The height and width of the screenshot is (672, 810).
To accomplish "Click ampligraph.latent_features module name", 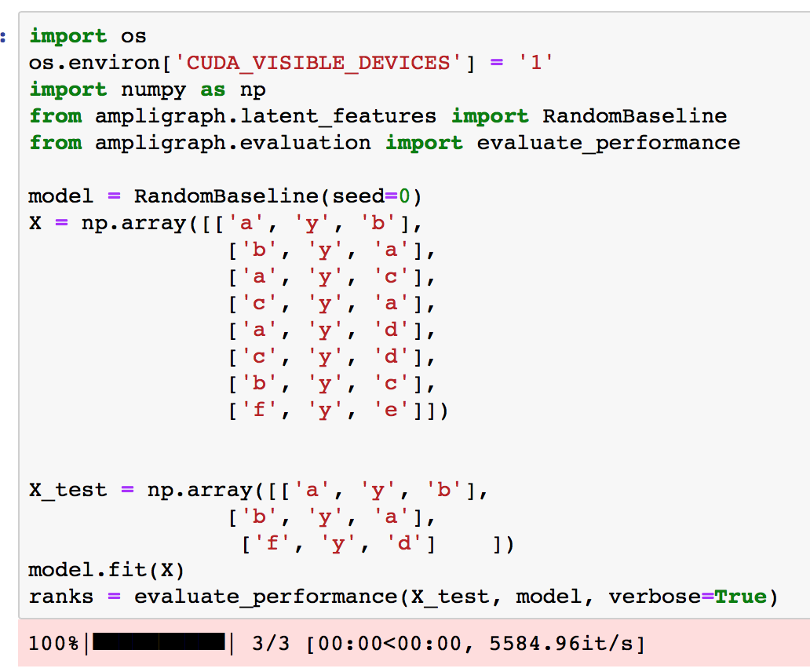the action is tap(265, 116).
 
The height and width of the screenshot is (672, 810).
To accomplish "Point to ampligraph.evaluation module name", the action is tap(232, 143).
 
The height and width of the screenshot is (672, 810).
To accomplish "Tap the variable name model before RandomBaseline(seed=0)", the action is tap(60, 196).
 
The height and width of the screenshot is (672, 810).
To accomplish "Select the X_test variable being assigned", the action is tap(67, 490).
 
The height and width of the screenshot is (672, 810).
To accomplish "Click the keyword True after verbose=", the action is tap(740, 597).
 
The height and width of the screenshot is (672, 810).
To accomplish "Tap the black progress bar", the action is tap(159, 645).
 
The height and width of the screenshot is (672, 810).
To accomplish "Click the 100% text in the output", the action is tap(54, 645).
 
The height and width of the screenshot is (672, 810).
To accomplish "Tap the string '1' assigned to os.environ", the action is tap(536, 63).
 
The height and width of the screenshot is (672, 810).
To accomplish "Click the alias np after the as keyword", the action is tap(252, 89).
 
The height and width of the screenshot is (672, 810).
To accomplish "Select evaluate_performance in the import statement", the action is tap(608, 143).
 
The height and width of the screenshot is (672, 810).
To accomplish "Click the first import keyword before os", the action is tap(67, 36).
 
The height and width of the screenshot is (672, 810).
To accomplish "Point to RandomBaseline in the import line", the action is tap(634, 116).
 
